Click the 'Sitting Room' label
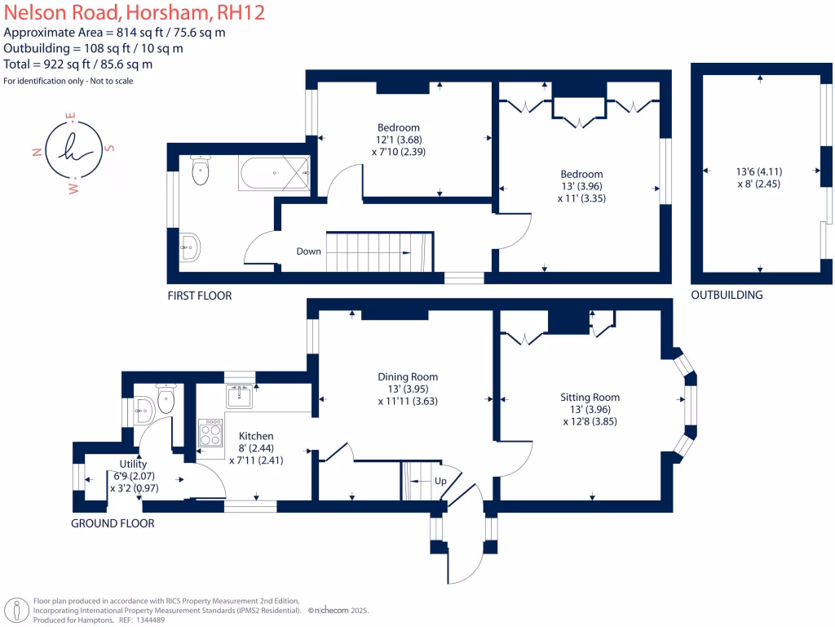point(590,398)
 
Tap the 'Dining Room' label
point(408,376)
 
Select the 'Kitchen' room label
point(255,436)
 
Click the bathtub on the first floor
point(273,172)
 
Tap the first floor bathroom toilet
point(200,169)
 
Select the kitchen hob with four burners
point(210,432)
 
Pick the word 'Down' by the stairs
point(308,251)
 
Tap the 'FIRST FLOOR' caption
point(199,296)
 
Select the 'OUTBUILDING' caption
point(727,295)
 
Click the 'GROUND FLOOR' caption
point(113,523)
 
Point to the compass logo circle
point(74,150)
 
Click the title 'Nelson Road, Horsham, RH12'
point(135,13)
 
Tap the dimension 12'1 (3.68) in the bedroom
point(399,140)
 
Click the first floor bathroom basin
point(189,246)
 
